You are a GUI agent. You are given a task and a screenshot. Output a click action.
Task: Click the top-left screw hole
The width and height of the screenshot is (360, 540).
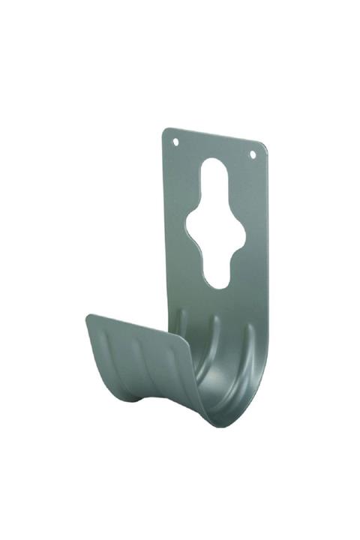tap(175, 140)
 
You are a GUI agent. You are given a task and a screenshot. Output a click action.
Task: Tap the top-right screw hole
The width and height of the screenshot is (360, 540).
tap(252, 154)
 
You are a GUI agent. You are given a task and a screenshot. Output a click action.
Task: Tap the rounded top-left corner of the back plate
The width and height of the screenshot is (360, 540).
tap(166, 131)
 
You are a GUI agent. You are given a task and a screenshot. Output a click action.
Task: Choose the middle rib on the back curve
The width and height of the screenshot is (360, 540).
tap(213, 330)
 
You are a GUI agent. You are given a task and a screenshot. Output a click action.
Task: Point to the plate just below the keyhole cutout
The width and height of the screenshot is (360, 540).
tap(217, 300)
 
